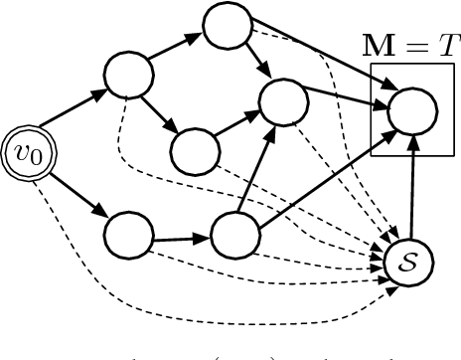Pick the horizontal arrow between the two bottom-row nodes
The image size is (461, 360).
181,238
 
